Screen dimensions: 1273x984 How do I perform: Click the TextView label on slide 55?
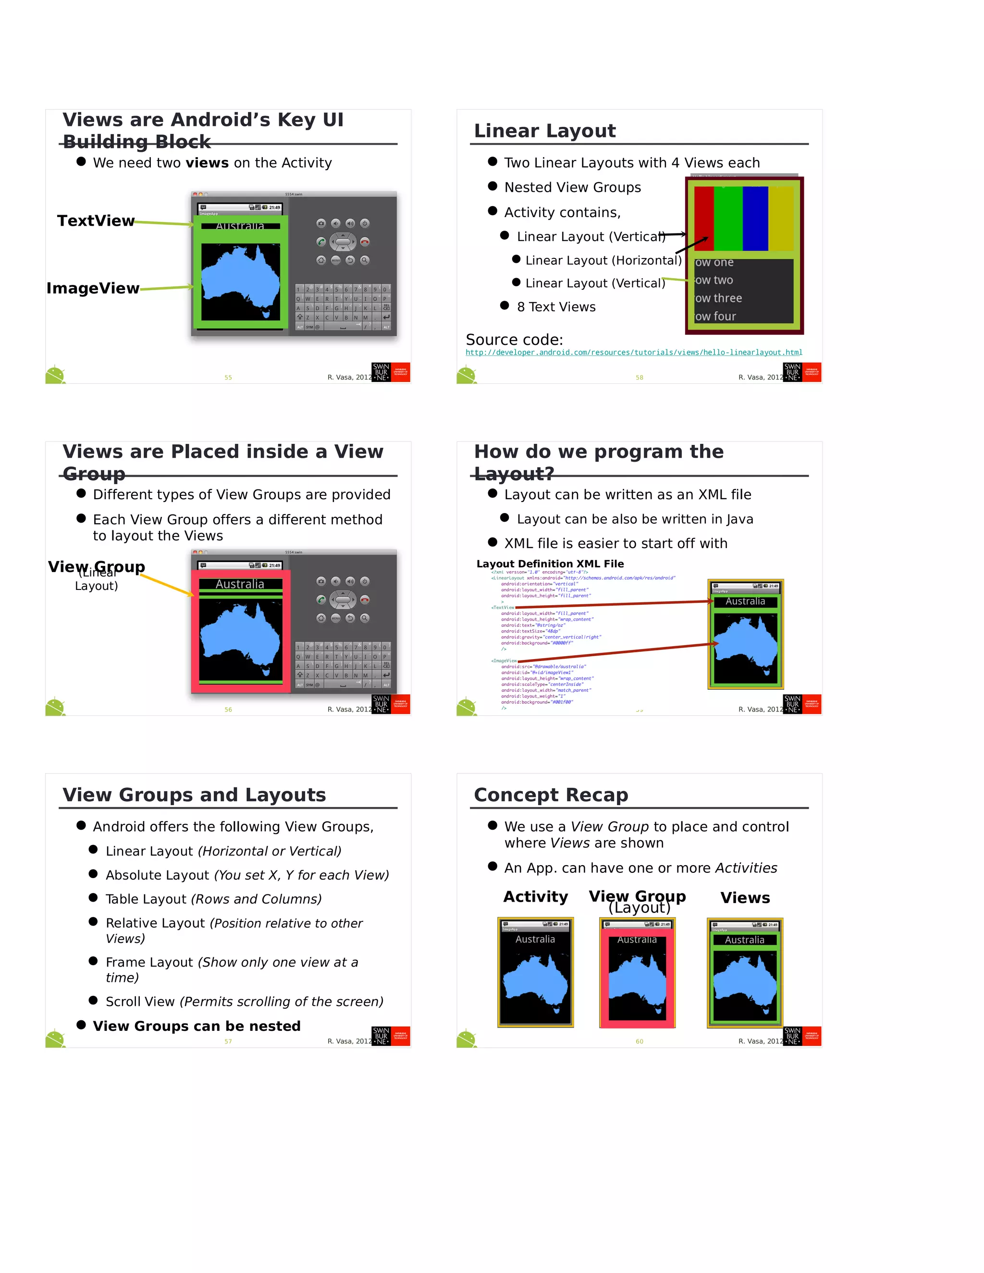pyautogui.click(x=96, y=221)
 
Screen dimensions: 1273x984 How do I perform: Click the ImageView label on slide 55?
pyautogui.click(x=93, y=289)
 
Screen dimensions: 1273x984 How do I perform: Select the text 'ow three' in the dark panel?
pyautogui.click(x=718, y=298)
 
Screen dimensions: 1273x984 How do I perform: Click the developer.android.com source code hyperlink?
pyautogui.click(x=634, y=353)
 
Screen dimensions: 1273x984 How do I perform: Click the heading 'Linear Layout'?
pyautogui.click(x=544, y=131)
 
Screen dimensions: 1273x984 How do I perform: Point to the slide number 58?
pyautogui.click(x=639, y=378)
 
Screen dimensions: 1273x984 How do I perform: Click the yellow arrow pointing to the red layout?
pyautogui.click(x=167, y=585)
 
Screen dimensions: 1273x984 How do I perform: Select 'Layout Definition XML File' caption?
pyautogui.click(x=550, y=563)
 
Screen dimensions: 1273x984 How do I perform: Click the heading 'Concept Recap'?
pyautogui.click(x=551, y=795)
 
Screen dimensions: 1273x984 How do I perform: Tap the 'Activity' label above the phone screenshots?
pyautogui.click(x=535, y=896)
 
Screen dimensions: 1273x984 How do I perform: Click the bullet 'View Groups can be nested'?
pyautogui.click(x=197, y=1026)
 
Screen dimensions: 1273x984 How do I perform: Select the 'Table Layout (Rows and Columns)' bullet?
pyautogui.click(x=213, y=899)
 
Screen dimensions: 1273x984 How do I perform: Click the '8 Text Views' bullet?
pyautogui.click(x=555, y=307)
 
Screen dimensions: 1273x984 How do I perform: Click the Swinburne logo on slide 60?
pyautogui.click(x=801, y=1036)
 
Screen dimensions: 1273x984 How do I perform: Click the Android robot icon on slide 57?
pyautogui.click(x=55, y=1038)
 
